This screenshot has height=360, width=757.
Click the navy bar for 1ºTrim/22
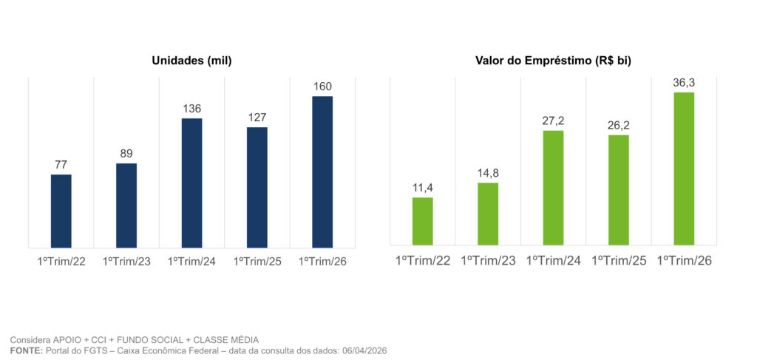[x=61, y=211]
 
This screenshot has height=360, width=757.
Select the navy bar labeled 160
[x=322, y=171]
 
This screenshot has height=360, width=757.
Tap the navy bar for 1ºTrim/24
[x=191, y=183]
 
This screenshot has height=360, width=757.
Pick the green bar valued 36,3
[x=684, y=169]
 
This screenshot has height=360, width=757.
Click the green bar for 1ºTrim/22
[x=423, y=221]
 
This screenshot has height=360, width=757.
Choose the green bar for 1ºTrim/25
[x=619, y=189]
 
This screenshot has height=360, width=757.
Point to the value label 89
[x=126, y=154]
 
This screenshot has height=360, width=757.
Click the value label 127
[x=257, y=118]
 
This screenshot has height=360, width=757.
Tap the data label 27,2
[x=553, y=120]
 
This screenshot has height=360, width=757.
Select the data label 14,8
[x=488, y=173]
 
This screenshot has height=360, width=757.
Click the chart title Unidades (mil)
[x=191, y=61]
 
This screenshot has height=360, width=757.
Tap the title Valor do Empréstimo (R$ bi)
[x=553, y=61]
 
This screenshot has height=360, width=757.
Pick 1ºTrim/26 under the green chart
[x=684, y=260]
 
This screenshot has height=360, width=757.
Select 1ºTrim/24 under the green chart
[x=553, y=260]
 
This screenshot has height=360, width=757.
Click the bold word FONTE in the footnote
[x=26, y=350]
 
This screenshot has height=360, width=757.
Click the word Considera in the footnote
[x=28, y=339]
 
